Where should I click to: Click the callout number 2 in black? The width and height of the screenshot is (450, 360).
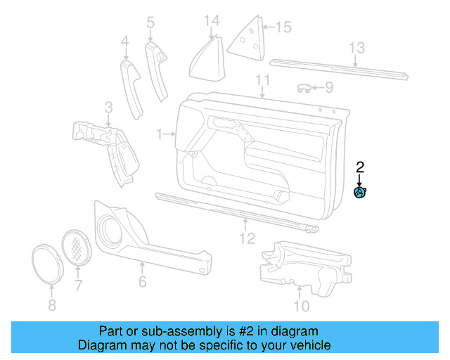click(x=360, y=167)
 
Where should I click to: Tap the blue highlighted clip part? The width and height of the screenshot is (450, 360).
click(x=360, y=193)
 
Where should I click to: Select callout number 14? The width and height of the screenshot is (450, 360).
click(x=212, y=21)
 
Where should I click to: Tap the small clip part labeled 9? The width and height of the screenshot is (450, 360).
click(x=304, y=88)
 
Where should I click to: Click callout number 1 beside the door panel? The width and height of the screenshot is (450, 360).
click(x=160, y=133)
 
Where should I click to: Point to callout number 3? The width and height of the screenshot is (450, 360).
click(x=108, y=107)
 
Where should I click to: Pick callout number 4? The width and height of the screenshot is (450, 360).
click(x=125, y=42)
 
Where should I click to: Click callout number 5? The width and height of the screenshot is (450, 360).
click(x=150, y=23)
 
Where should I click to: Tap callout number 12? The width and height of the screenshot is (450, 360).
click(x=245, y=238)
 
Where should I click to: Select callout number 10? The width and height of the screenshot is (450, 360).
click(x=300, y=306)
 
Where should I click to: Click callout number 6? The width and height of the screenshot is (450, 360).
click(x=142, y=281)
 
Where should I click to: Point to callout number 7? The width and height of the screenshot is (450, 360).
click(x=78, y=285)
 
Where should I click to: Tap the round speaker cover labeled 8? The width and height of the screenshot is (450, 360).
click(x=48, y=265)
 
